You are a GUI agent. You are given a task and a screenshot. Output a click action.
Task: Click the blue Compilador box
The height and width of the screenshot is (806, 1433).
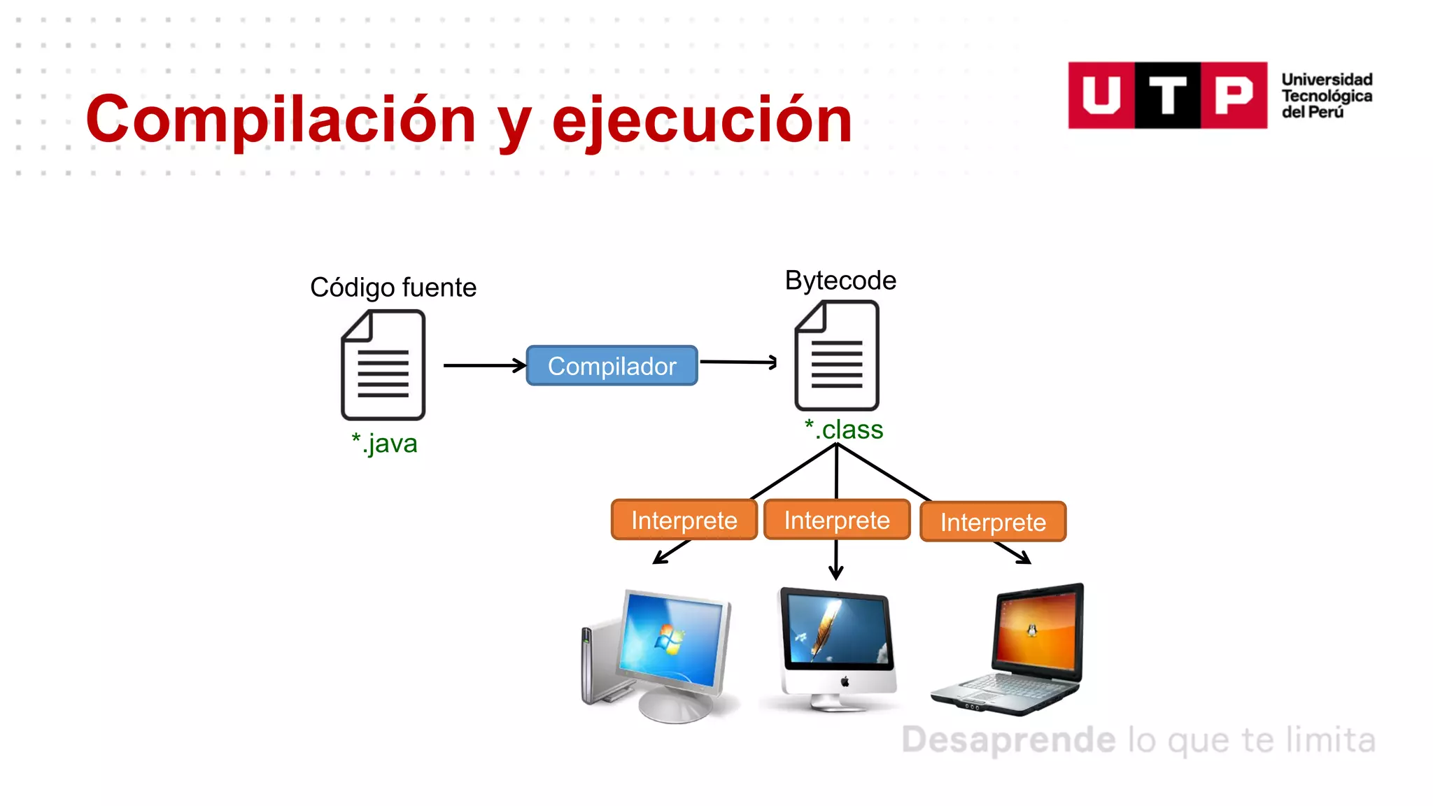coord(612,365)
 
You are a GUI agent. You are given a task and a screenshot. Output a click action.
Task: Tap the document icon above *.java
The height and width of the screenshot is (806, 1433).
coord(383,365)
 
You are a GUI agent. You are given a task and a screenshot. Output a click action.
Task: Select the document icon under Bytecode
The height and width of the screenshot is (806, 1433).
coord(837,355)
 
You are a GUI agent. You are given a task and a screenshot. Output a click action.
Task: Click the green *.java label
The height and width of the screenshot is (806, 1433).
coord(384,443)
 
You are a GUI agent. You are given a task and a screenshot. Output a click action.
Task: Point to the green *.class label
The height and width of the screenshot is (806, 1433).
coord(844,429)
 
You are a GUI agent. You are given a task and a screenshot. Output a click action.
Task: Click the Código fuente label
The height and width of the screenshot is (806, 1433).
coord(393,288)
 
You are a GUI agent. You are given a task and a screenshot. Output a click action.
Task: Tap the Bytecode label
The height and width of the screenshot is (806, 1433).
coord(840,281)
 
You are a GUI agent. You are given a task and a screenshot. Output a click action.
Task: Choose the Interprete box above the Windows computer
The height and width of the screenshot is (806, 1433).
coord(684,520)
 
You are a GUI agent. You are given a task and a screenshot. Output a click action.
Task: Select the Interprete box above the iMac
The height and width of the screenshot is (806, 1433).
coord(837,520)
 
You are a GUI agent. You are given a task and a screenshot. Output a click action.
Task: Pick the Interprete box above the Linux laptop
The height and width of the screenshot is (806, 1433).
coord(993,522)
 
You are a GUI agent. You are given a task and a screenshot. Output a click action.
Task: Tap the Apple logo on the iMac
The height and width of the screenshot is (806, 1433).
coord(845,681)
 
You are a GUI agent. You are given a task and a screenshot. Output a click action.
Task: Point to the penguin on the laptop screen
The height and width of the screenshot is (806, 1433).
coord(1031,630)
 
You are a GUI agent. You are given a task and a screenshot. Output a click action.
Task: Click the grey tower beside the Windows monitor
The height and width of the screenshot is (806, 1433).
coord(592,665)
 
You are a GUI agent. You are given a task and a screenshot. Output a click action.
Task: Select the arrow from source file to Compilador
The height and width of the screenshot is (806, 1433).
coord(484,365)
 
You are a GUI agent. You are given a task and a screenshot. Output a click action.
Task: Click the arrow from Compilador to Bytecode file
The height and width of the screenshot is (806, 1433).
coord(738,362)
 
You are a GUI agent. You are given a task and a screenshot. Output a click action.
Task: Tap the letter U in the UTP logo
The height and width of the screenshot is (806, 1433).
coord(1101,95)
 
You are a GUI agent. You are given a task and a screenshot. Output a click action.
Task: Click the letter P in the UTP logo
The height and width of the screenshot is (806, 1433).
coord(1234,95)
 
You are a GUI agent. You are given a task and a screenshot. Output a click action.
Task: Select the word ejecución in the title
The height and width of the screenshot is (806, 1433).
coord(702,120)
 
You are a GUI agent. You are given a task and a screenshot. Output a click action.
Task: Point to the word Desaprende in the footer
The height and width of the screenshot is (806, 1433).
coord(1008,740)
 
